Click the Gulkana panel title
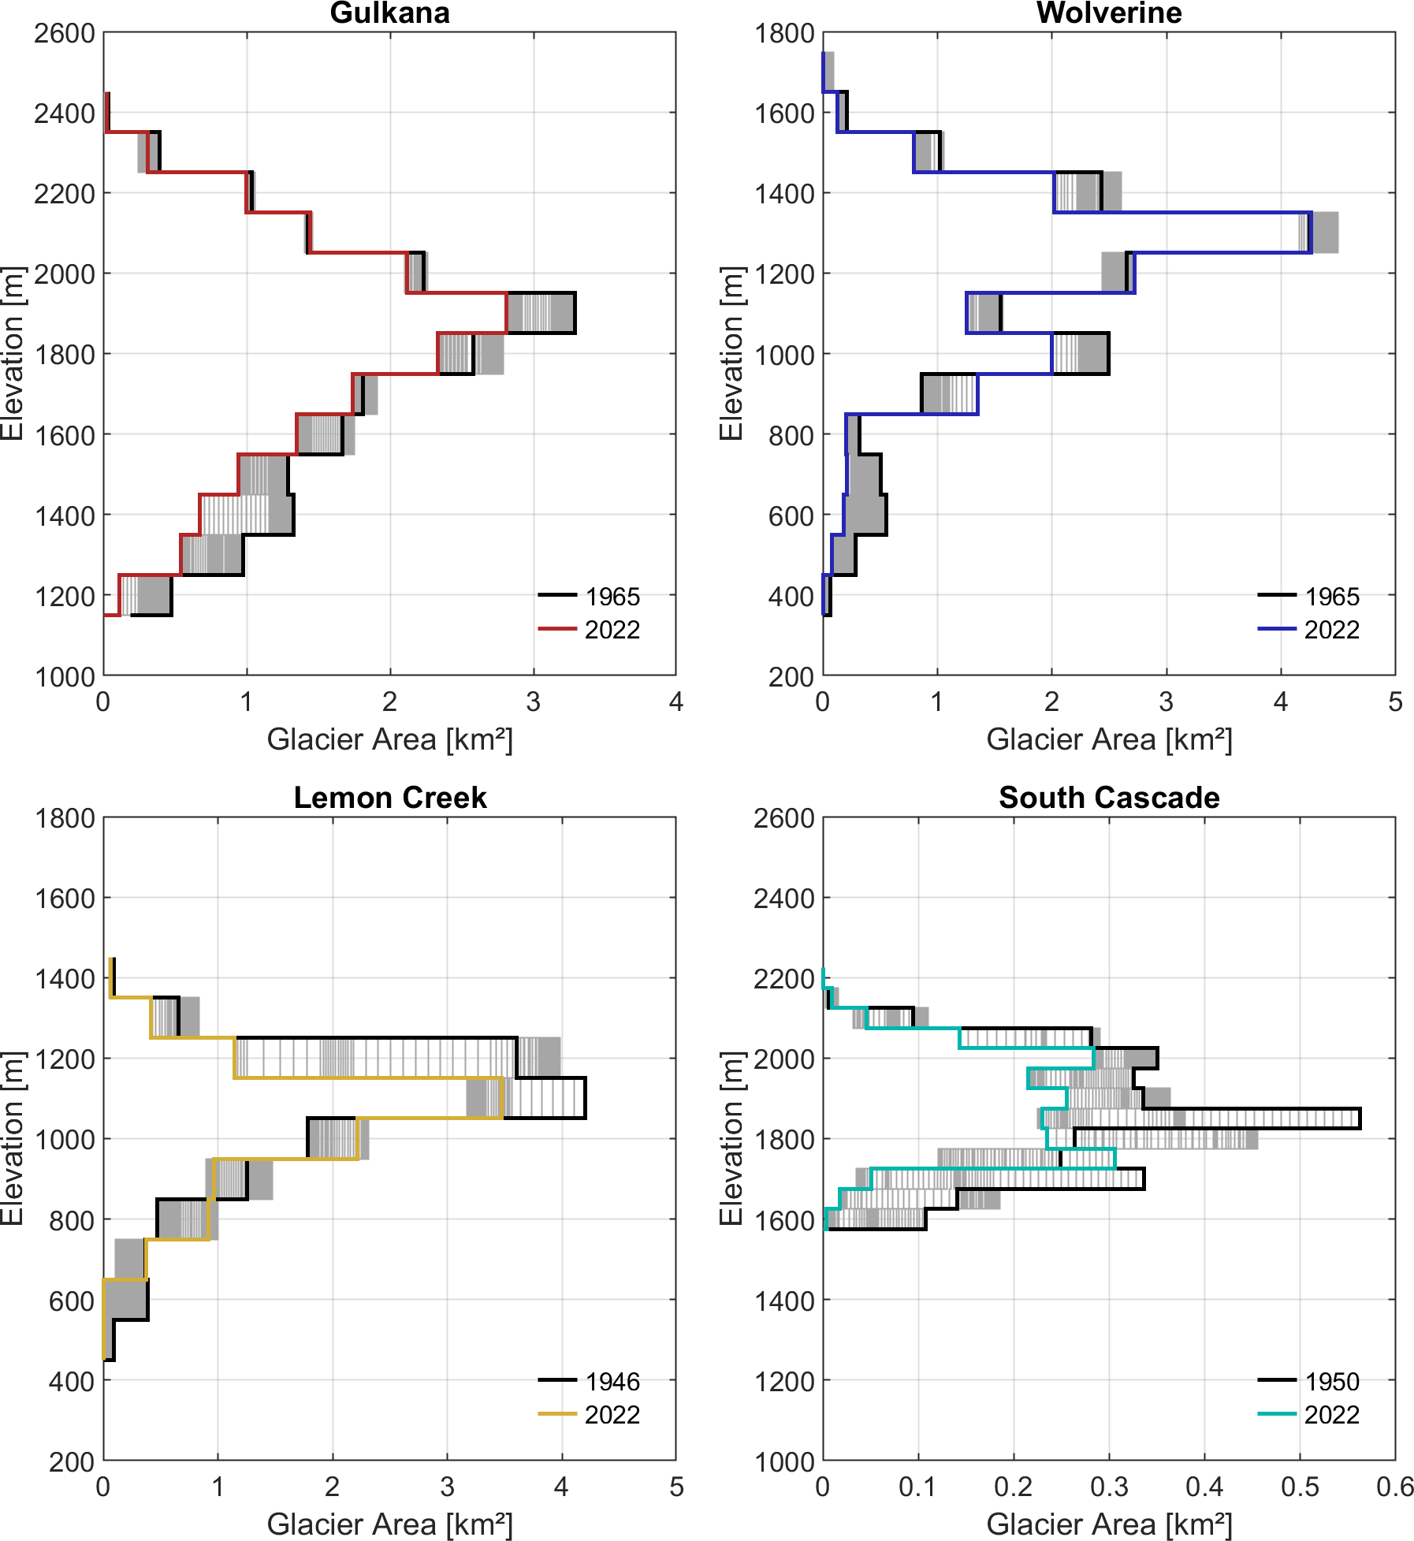389,13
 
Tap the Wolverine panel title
1108,13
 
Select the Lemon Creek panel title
389,798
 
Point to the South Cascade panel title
1108,798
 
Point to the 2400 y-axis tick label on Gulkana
64,114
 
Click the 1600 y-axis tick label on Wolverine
783,114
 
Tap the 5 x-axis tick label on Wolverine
1394,702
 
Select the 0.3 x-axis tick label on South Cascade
1108,1487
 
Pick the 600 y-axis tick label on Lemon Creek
72,1301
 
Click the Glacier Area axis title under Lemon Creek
389,1524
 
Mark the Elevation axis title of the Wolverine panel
731,353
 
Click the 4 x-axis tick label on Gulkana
675,702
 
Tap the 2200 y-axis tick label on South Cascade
783,979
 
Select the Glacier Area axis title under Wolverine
1108,739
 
